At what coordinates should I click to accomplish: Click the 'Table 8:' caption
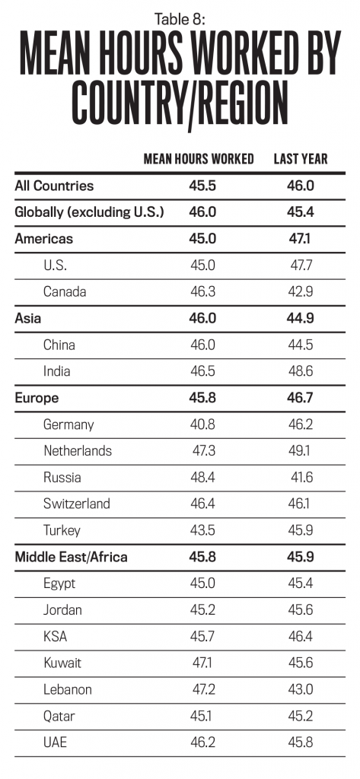[x=180, y=19]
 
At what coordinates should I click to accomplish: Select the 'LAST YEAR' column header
[x=301, y=159]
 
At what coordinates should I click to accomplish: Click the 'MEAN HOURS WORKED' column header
[x=199, y=159]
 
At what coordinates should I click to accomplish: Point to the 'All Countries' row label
[x=54, y=186]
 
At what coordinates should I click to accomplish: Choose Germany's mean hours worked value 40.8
[x=203, y=424]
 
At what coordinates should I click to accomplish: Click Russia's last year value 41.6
[x=302, y=478]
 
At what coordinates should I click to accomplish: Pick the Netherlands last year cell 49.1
[x=301, y=451]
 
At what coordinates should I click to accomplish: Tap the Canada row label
[x=65, y=291]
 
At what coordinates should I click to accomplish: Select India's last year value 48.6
[x=301, y=371]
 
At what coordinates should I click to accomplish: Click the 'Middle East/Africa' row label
[x=71, y=558]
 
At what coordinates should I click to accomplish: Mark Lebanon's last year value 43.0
[x=301, y=689]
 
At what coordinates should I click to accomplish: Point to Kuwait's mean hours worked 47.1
[x=202, y=663]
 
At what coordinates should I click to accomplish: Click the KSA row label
[x=56, y=637]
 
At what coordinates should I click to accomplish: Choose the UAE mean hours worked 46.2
[x=203, y=742]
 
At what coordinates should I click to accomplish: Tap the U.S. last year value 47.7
[x=302, y=265]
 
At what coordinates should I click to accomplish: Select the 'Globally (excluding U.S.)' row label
[x=90, y=213]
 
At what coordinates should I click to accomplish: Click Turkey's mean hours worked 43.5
[x=203, y=530]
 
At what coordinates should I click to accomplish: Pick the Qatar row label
[x=59, y=717]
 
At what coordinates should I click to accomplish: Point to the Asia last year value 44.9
[x=301, y=319]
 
